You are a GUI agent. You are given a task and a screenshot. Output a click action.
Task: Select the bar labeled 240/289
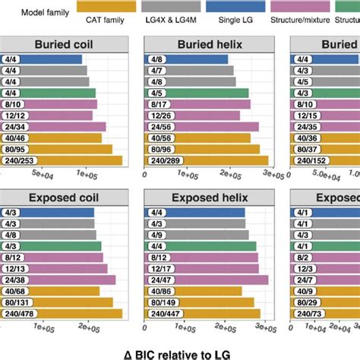point(206,160)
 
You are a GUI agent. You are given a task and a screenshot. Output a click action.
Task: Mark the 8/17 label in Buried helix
point(157,104)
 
